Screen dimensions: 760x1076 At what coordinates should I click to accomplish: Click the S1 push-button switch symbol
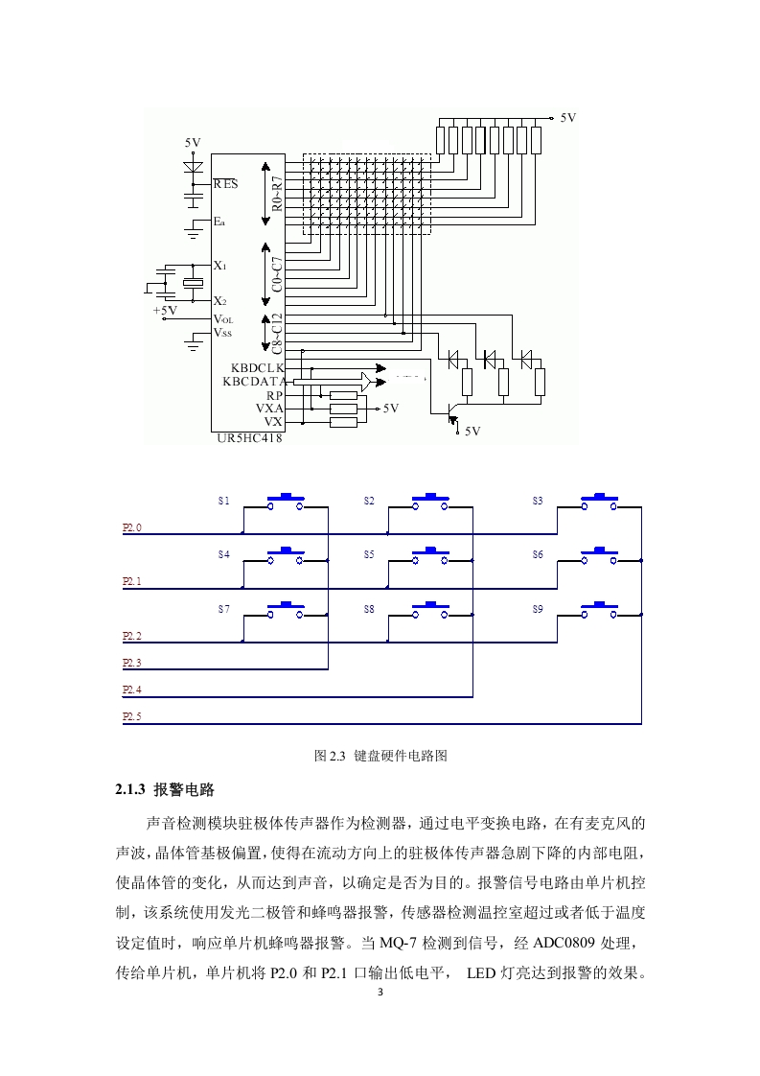286,503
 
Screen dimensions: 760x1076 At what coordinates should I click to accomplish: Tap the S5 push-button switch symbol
430,556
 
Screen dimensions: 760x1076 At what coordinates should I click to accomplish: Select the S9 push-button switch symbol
599,611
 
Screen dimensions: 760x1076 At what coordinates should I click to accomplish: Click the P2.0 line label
131,527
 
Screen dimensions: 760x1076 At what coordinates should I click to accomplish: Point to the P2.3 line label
131,663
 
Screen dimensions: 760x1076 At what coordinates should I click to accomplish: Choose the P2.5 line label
131,716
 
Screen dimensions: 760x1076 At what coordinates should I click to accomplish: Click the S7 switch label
224,609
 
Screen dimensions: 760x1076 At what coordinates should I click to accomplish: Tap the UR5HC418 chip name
249,438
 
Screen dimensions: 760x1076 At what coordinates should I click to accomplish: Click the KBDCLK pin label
257,368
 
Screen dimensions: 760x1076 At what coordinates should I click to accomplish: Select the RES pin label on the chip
225,184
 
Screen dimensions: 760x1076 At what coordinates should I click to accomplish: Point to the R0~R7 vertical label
276,194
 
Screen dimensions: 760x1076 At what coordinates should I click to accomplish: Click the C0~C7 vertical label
276,274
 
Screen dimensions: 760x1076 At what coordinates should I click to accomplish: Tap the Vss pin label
223,333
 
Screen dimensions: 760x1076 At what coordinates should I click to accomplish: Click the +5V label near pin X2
165,310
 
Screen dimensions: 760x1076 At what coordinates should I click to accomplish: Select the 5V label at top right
568,117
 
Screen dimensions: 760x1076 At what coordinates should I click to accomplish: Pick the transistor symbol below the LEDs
451,413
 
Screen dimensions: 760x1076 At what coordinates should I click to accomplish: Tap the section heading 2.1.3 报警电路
165,789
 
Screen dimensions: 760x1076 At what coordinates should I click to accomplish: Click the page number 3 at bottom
380,992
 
